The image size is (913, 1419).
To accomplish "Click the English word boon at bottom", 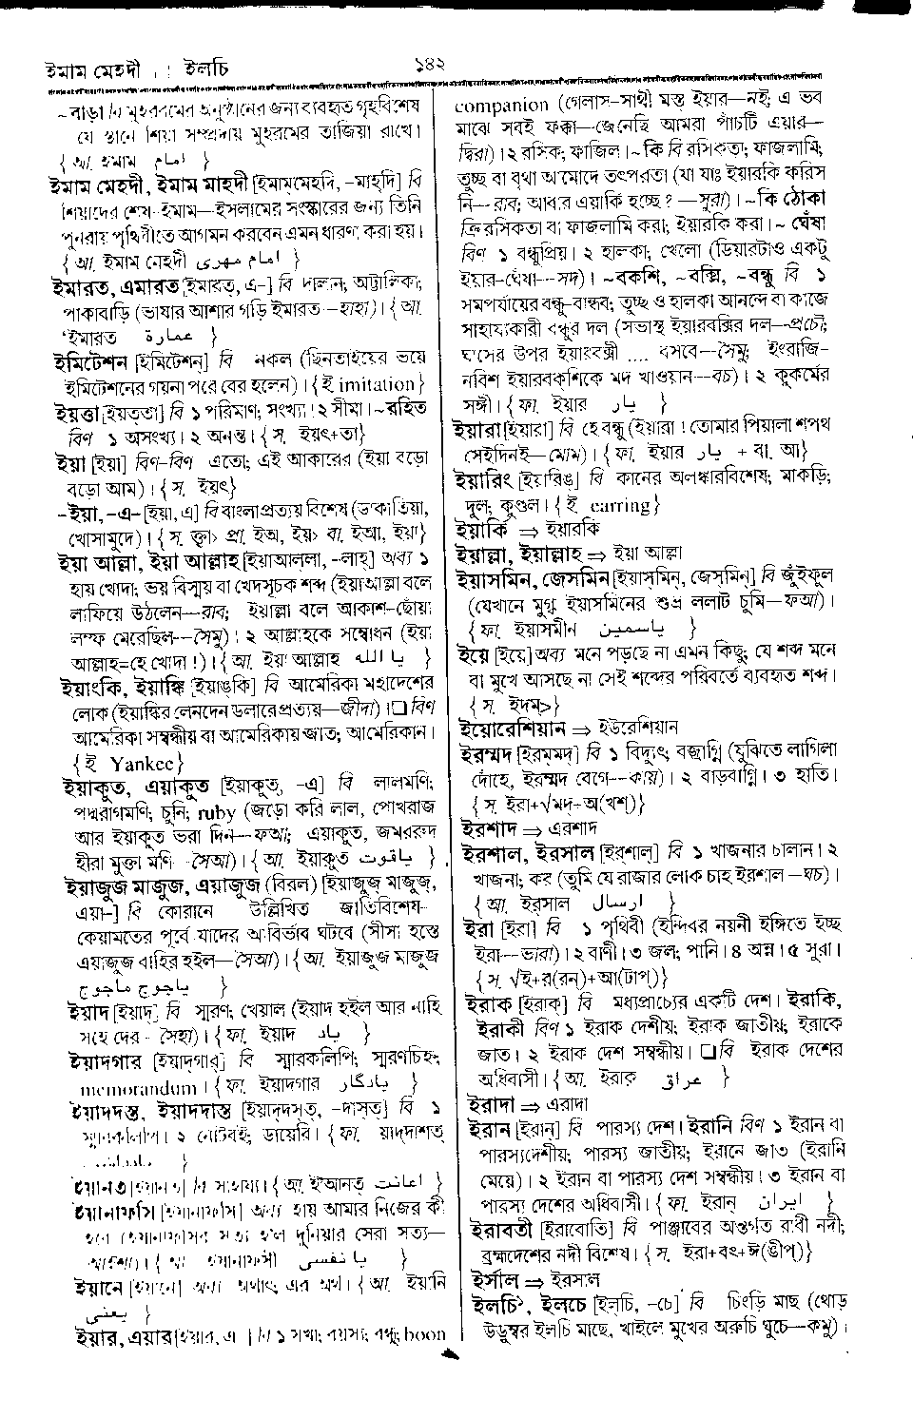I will pyautogui.click(x=424, y=1333).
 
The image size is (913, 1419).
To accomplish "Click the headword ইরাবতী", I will pyautogui.click(x=503, y=1229).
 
